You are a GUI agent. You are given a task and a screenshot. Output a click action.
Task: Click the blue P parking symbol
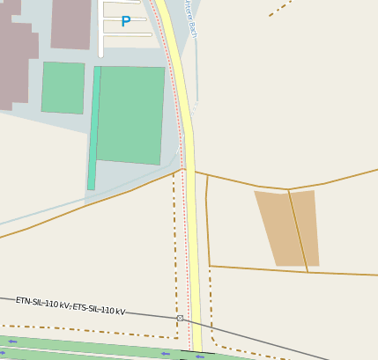coord(125,22)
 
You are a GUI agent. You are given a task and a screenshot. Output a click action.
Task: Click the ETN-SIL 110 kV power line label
coord(70,305)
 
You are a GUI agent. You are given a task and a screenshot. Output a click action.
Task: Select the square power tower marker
coord(180,318)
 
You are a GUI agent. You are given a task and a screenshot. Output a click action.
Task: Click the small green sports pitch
coord(63,87)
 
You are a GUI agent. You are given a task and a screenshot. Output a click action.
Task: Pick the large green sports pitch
coord(130,114)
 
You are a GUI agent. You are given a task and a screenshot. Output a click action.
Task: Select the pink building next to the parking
coord(71,23)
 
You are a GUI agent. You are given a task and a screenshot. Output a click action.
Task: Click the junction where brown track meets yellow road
coord(186,170)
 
